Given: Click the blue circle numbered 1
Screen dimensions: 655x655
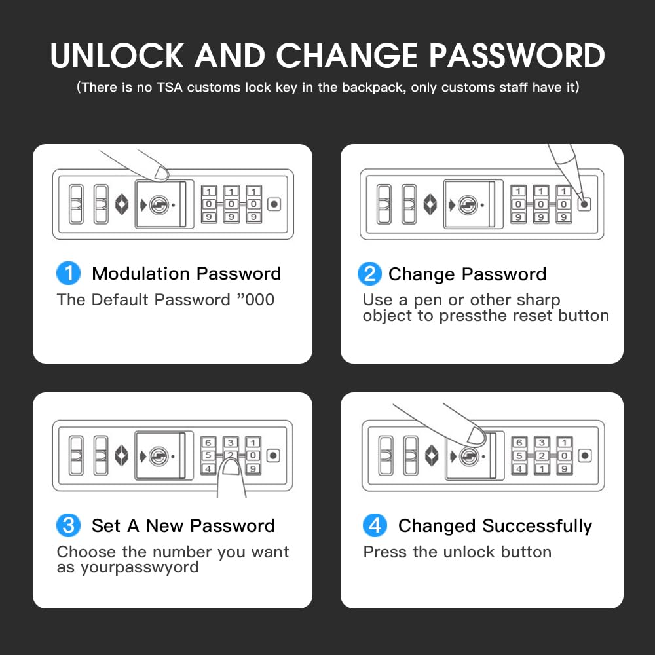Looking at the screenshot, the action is click(69, 273).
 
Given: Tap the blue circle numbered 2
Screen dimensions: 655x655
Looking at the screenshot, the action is click(369, 274).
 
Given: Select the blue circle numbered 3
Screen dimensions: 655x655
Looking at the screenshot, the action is click(69, 525).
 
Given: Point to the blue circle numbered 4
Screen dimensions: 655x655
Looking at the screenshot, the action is click(375, 525).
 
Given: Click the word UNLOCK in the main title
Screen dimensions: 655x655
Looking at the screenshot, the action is click(117, 56).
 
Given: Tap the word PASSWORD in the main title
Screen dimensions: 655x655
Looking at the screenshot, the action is click(517, 56).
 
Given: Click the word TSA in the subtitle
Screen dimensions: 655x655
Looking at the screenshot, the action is click(170, 87).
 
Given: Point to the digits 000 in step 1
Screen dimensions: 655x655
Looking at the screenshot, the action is click(259, 300).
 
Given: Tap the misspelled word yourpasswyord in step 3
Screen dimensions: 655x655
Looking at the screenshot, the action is click(140, 568).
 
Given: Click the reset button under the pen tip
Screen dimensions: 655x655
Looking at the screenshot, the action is click(584, 204).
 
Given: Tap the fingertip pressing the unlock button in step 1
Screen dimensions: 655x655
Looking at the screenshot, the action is click(161, 174).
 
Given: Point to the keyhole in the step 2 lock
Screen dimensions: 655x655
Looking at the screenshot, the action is click(468, 205).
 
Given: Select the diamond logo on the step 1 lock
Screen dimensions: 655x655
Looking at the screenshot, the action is click(122, 204).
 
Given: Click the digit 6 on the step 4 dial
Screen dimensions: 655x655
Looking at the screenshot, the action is click(519, 442).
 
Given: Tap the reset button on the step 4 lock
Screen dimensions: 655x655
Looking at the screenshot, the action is click(585, 456).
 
